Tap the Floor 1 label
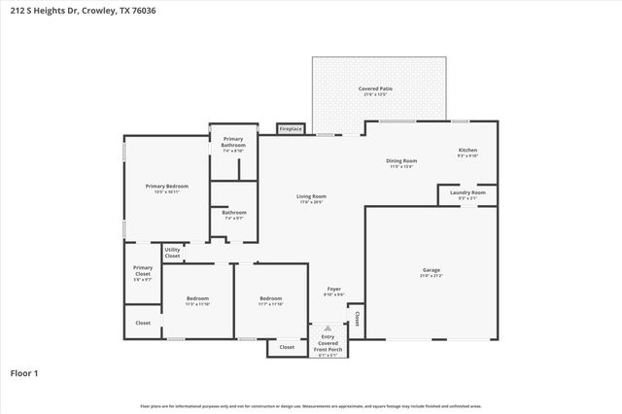[24, 372]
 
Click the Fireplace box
[291, 128]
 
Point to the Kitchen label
[467, 151]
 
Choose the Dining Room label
[401, 161]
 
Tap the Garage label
[431, 270]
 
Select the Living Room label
[311, 197]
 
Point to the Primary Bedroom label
[166, 187]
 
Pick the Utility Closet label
[172, 253]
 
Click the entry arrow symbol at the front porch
[328, 328]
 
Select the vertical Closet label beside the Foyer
[357, 318]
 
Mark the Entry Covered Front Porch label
[328, 342]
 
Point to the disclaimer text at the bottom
[311, 406]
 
